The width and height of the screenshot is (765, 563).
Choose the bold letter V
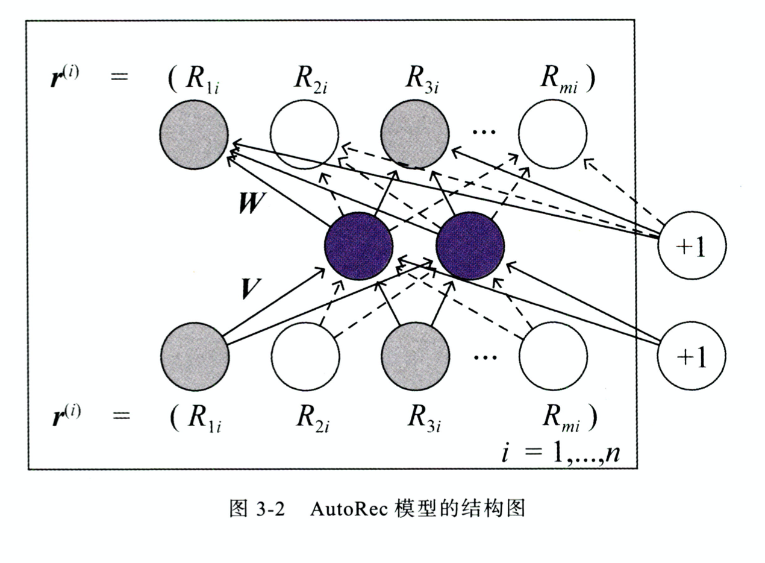251,289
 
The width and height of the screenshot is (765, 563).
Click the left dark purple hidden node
358,245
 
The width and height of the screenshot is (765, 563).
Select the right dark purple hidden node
470,245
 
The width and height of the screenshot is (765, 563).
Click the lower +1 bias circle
692,356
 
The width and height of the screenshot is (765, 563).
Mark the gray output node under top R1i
194,134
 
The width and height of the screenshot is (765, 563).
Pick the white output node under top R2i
304,134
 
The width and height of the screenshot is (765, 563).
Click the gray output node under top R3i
416,134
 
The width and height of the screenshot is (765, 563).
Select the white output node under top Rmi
552,134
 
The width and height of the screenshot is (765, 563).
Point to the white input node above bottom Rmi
553,356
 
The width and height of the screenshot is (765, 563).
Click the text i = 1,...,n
560,451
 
